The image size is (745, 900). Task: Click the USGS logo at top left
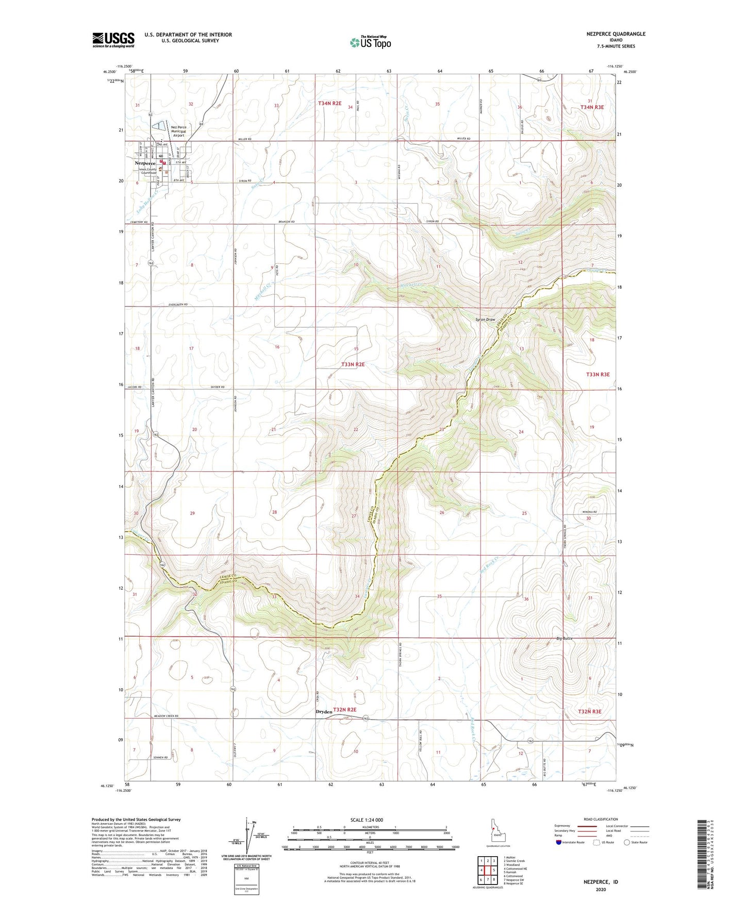coord(113,39)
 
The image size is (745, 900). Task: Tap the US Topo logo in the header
coord(370,42)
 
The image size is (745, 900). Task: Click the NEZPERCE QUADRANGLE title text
coord(616,34)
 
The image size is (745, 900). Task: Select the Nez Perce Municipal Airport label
coord(178,131)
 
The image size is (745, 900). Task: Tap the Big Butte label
coord(565,639)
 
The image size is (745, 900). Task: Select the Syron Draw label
coord(485,320)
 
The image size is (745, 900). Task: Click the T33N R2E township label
coord(353,364)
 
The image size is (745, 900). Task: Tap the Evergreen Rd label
coord(178,305)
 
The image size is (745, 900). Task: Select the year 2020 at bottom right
coord(600,889)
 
